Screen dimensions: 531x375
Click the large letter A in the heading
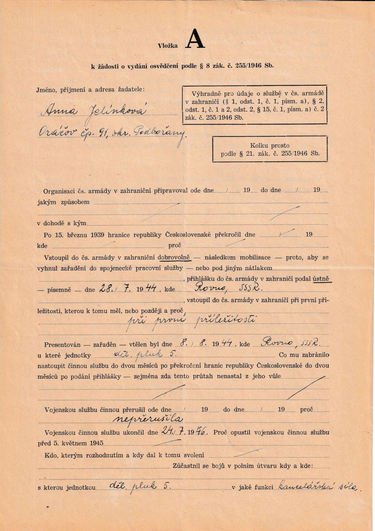[x=195, y=40]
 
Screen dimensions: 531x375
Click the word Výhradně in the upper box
[x=206, y=94]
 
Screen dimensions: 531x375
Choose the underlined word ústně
[x=321, y=279]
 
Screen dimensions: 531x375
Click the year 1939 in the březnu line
[x=97, y=235]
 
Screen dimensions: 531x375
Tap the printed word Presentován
[x=62, y=344]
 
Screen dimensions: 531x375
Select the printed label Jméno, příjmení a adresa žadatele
[x=91, y=90]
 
